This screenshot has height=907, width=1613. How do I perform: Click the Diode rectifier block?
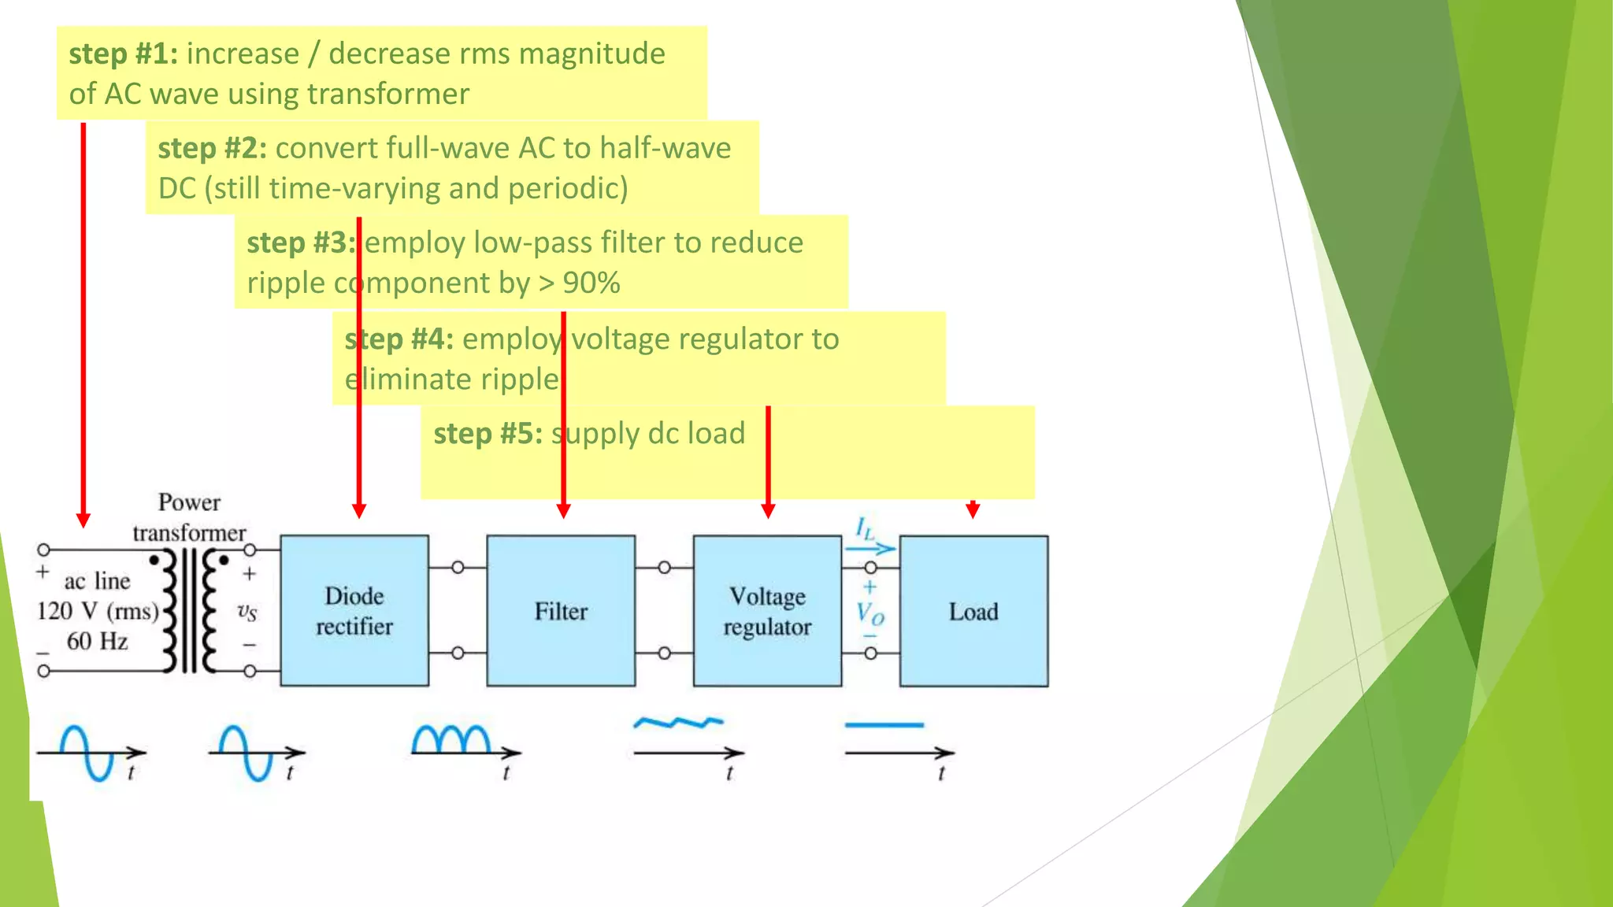point(354,611)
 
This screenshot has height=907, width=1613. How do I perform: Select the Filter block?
point(561,611)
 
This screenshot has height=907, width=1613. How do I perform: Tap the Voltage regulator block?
point(767,611)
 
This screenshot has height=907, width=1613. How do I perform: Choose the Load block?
point(973,611)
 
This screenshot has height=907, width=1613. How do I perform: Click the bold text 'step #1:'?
point(123,54)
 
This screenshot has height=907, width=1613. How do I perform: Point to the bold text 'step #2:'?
point(212,148)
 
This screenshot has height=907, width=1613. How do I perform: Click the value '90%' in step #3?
point(591,283)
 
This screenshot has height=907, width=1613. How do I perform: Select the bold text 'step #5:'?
point(488,433)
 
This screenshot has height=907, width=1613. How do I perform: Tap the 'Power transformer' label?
point(189,517)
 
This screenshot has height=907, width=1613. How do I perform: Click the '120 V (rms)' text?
point(98,611)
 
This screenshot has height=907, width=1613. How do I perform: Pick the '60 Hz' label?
point(97,641)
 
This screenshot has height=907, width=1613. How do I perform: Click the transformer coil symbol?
point(189,611)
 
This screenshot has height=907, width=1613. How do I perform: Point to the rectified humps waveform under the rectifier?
point(451,739)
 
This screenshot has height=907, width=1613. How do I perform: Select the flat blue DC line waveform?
point(884,725)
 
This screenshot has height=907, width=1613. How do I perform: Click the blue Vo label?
point(870,613)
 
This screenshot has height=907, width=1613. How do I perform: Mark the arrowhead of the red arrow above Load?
point(973,511)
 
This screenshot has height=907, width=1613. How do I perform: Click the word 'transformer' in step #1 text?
point(388,94)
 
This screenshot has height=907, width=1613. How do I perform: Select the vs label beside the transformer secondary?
point(247,611)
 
